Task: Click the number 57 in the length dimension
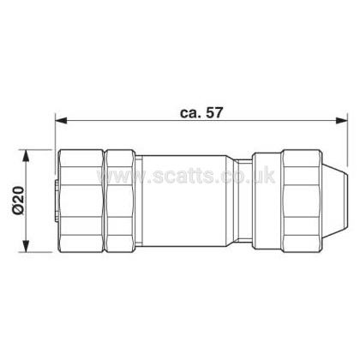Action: [x=214, y=112]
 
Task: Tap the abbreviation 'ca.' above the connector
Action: [x=190, y=114]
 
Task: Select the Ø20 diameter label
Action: [x=19, y=200]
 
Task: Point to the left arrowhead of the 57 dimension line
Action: [x=61, y=121]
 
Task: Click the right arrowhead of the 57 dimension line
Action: [x=341, y=121]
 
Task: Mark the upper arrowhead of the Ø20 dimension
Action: [x=26, y=156]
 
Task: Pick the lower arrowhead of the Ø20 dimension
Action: [x=26, y=246]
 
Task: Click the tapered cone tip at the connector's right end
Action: [x=336, y=201]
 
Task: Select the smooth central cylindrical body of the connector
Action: [x=185, y=201]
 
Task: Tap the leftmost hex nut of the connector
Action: [x=81, y=201]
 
